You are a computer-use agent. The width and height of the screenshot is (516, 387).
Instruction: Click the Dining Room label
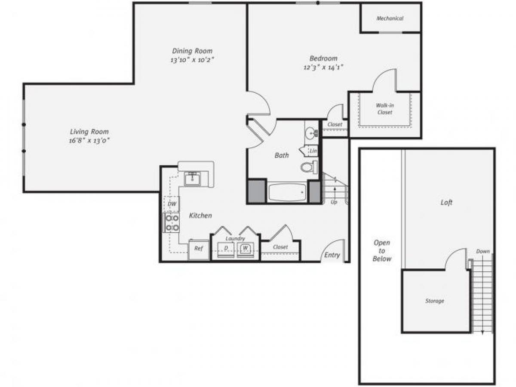[x=192, y=51]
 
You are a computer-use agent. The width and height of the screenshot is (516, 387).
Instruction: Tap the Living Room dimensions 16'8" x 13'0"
[x=89, y=140]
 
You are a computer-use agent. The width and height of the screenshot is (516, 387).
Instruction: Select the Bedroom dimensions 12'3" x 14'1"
[x=323, y=67]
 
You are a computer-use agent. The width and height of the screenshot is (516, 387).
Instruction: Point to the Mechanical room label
[x=390, y=18]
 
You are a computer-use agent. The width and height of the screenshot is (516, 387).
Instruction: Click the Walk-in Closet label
[x=384, y=109]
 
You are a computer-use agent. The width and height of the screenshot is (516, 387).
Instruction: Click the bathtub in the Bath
[x=286, y=192]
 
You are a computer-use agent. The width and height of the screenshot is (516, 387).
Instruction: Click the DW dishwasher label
[x=172, y=204]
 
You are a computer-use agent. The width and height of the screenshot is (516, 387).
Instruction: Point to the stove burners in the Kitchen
[x=172, y=223]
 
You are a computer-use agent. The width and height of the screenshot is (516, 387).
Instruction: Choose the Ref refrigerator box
[x=199, y=249]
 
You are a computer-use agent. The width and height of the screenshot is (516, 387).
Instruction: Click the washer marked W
[x=246, y=248]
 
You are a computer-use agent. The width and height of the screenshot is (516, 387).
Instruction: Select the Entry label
[x=332, y=255]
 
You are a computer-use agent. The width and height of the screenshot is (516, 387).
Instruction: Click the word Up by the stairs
[x=334, y=202]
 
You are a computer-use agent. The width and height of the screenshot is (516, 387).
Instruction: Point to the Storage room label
[x=435, y=301]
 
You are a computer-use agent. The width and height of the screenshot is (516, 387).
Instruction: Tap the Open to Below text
[x=382, y=251]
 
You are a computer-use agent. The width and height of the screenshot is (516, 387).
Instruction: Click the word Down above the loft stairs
[x=482, y=252]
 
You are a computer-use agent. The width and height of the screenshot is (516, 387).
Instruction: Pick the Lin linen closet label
[x=313, y=151]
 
